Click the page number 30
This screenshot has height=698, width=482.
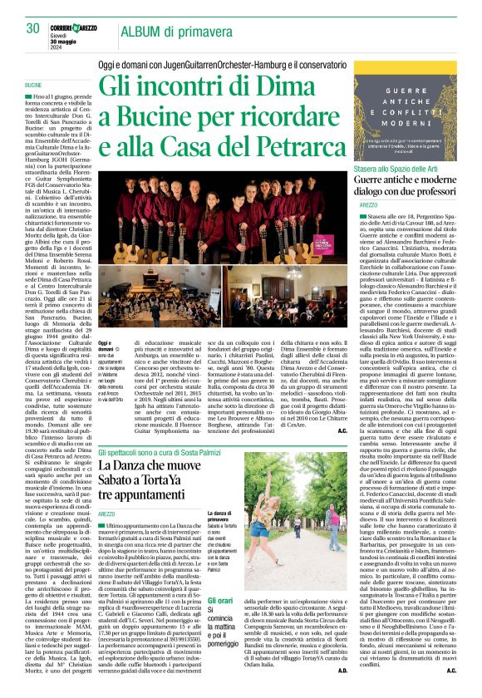(x=34, y=29)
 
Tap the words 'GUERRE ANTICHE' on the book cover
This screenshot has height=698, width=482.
(x=415, y=116)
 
